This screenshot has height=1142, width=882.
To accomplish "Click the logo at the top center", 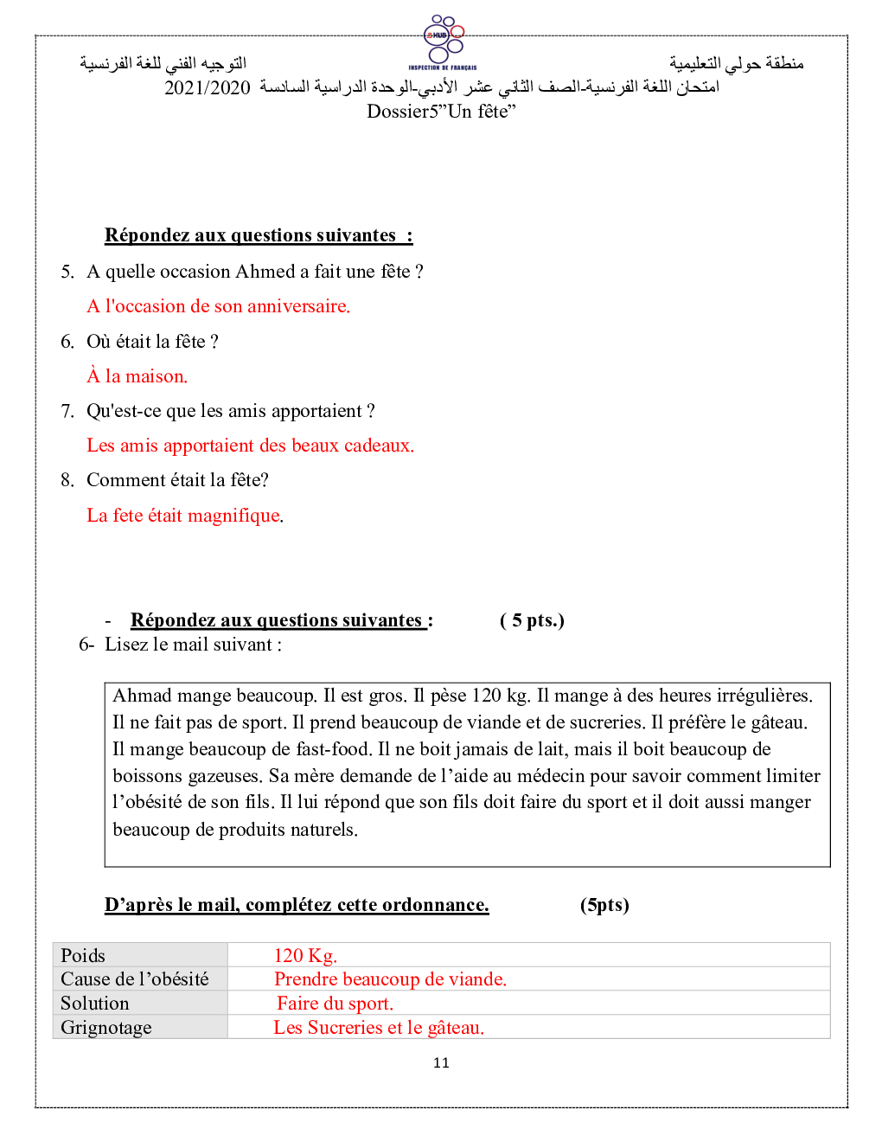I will [443, 41].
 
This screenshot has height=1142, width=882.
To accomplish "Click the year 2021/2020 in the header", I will [207, 88].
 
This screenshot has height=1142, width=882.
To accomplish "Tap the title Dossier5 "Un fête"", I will [441, 112].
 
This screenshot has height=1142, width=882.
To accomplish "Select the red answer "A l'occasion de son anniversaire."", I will [218, 306].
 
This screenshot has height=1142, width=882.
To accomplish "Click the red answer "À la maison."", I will [137, 376].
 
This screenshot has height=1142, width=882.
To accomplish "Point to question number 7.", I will [67, 411].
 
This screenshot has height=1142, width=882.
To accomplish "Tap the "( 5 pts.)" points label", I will [532, 620].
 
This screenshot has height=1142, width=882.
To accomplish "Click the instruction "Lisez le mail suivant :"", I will [193, 645].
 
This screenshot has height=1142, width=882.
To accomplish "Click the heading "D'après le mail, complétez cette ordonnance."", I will [297, 905].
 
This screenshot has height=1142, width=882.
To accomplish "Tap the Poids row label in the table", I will [83, 956].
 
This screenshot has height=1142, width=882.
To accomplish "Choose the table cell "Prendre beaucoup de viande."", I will [390, 979].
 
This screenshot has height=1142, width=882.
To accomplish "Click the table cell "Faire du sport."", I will [335, 1004].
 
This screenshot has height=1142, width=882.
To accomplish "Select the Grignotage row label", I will [106, 1028].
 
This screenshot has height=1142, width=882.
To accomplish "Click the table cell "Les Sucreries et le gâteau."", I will [379, 1028].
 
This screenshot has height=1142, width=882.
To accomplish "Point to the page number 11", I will [441, 1063].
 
